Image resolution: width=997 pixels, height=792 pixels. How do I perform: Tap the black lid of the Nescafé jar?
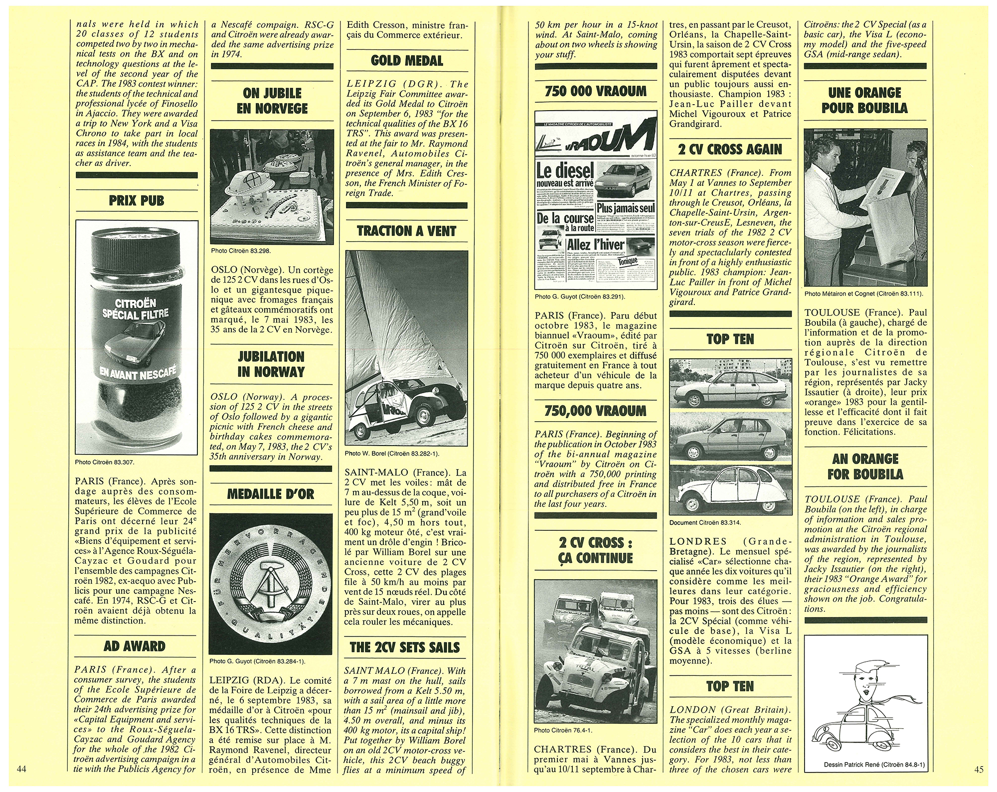(x=136, y=249)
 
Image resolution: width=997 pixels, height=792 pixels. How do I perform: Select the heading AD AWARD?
(x=135, y=646)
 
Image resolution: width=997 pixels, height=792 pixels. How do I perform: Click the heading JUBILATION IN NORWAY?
(x=271, y=364)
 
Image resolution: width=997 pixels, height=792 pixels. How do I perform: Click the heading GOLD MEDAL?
(x=406, y=61)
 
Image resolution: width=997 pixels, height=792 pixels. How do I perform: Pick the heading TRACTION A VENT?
(x=406, y=231)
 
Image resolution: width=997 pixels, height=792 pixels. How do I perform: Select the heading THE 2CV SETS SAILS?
(x=405, y=647)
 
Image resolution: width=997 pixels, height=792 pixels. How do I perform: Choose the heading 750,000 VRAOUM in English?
(x=595, y=411)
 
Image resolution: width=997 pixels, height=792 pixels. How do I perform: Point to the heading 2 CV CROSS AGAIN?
(x=730, y=150)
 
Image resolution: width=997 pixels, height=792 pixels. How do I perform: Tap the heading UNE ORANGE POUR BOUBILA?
(x=864, y=100)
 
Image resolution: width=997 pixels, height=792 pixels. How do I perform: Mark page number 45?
(x=979, y=769)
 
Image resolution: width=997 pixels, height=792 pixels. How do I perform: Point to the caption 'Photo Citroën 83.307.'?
(x=105, y=462)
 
